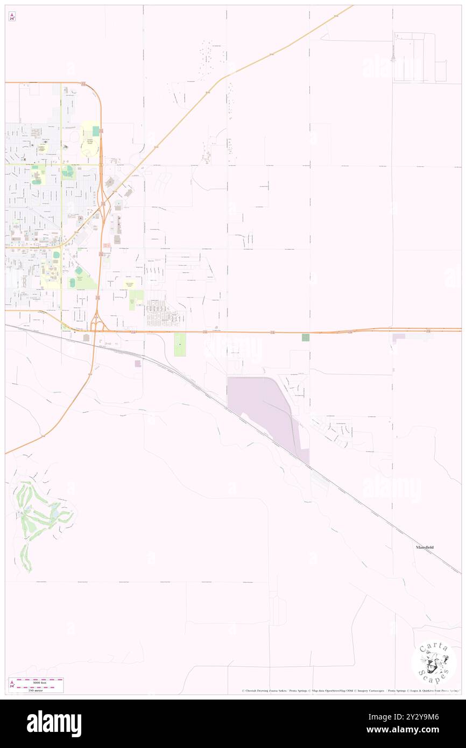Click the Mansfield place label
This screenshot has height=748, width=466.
(x=425, y=547)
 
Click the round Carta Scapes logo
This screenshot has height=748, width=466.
(x=434, y=661)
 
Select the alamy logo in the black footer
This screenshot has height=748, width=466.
(x=54, y=724)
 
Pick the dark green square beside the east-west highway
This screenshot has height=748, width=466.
(x=306, y=337)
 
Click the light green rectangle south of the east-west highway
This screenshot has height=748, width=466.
(x=180, y=344)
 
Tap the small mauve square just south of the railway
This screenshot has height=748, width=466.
(x=138, y=364)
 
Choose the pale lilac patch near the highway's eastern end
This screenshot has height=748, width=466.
(x=399, y=337)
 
